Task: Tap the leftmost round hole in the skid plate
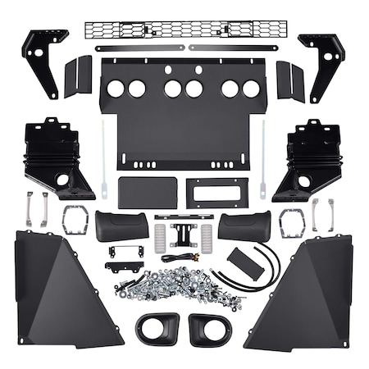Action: click(x=116, y=88)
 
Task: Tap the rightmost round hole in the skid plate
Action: click(x=251, y=89)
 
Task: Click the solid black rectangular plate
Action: click(x=148, y=193)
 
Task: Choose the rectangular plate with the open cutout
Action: click(x=216, y=193)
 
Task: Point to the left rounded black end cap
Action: click(x=122, y=225)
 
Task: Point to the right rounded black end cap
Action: click(x=244, y=225)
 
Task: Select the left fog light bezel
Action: click(x=157, y=327)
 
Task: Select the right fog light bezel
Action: click(x=210, y=328)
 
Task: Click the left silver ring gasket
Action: click(x=75, y=220)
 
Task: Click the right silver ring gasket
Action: click(x=291, y=221)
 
